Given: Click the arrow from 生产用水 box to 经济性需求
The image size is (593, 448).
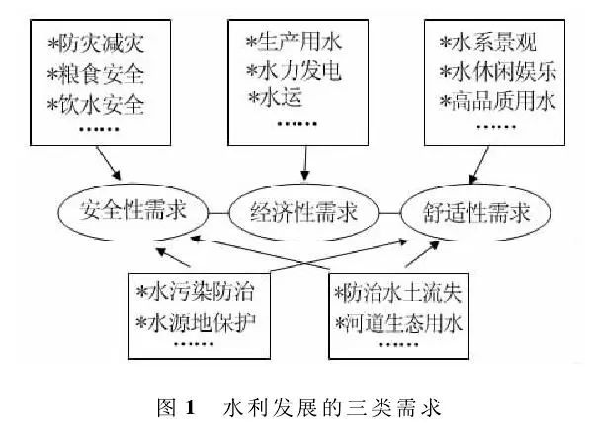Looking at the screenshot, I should (x=301, y=164).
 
